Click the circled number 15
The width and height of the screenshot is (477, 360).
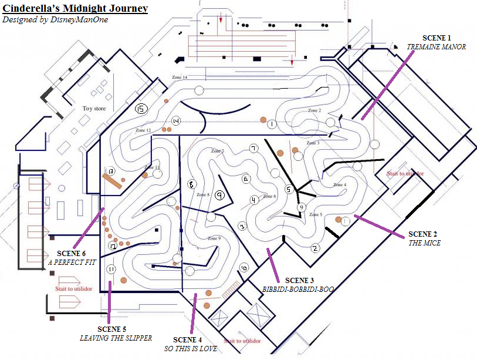140,109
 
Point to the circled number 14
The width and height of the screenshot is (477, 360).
176,120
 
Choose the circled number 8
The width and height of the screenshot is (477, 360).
191,184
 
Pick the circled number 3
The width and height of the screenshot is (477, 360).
242,226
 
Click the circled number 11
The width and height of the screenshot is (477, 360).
111,269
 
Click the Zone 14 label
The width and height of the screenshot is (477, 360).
180,78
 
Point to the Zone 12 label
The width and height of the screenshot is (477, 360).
143,130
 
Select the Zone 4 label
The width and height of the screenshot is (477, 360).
340,184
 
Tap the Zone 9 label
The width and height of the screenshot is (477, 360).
214,238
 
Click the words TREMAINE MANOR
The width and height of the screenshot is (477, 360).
437,47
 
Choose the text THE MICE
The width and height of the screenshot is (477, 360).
424,243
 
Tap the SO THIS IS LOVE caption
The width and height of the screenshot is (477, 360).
191,349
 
